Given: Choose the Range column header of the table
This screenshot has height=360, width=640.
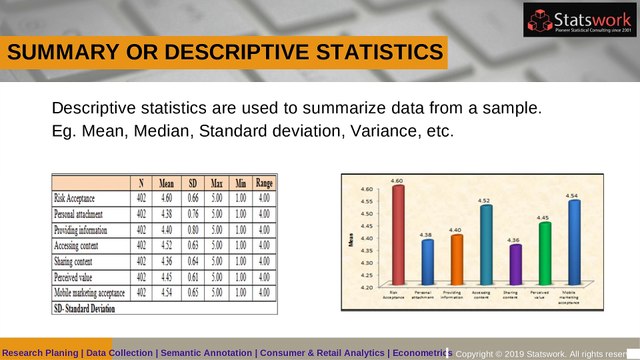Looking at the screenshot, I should coord(264,184).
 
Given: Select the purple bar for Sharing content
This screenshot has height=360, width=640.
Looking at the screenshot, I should coord(515,265).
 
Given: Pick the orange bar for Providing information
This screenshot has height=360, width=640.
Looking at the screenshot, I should coord(456,260).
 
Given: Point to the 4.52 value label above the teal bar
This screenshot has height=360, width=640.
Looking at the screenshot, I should coord(485,201).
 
